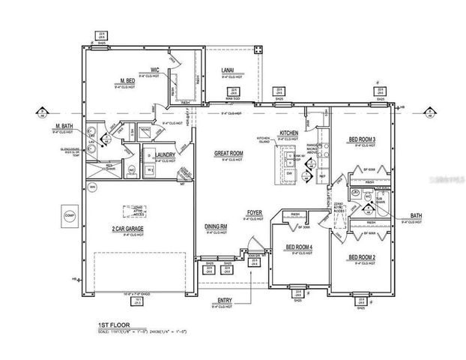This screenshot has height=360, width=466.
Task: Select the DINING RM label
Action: pos(217,226)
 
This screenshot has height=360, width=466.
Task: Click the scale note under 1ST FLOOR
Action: pos(142,331)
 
